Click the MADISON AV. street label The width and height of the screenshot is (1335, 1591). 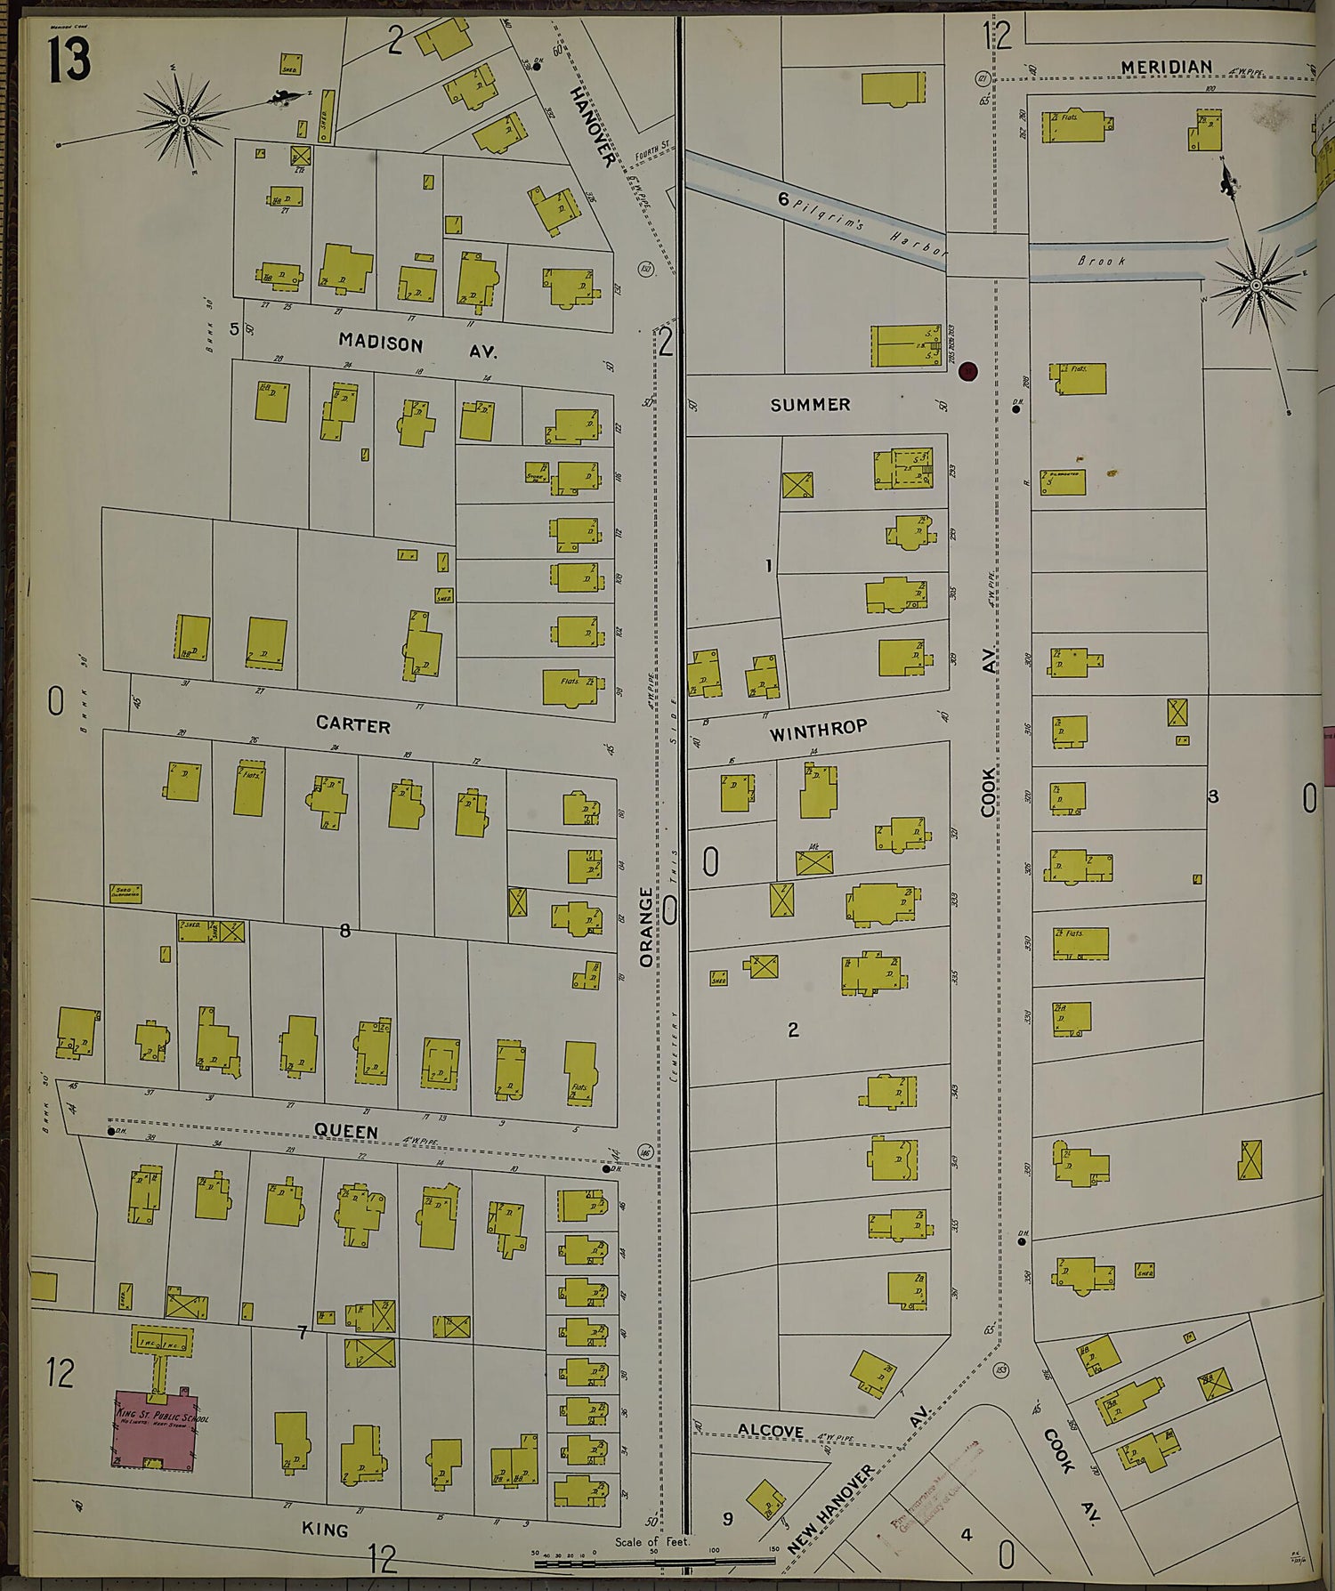point(417,346)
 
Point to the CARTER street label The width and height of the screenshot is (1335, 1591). point(353,724)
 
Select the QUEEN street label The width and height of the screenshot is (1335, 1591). point(346,1131)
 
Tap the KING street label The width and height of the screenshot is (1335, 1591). point(325,1529)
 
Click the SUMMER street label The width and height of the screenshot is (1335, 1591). point(810,405)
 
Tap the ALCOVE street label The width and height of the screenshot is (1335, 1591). point(771,1430)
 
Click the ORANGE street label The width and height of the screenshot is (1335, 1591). point(647,926)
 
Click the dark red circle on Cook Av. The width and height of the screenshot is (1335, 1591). point(968,372)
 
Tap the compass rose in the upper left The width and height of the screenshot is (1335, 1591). point(183,119)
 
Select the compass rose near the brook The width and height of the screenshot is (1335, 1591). point(1256,286)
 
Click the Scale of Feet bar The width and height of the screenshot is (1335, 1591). point(654,1561)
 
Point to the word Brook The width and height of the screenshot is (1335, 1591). point(1101,262)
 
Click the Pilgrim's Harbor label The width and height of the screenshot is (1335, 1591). point(868,225)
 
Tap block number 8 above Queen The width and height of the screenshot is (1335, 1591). point(344,931)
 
